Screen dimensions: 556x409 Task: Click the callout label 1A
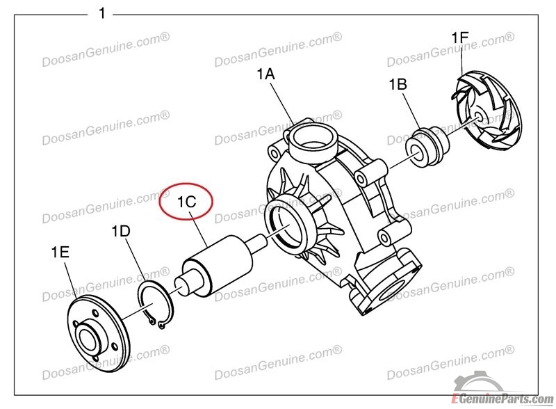coord(265,74)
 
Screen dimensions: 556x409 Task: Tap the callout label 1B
coord(398,84)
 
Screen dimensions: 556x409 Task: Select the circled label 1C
coord(186,202)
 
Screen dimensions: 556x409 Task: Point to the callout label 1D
coord(121,231)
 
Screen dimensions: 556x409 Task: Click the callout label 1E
coord(60,252)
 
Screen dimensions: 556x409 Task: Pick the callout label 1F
coord(460,38)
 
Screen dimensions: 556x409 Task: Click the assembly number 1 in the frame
coord(102,13)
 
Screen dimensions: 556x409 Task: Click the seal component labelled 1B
coord(427,145)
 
